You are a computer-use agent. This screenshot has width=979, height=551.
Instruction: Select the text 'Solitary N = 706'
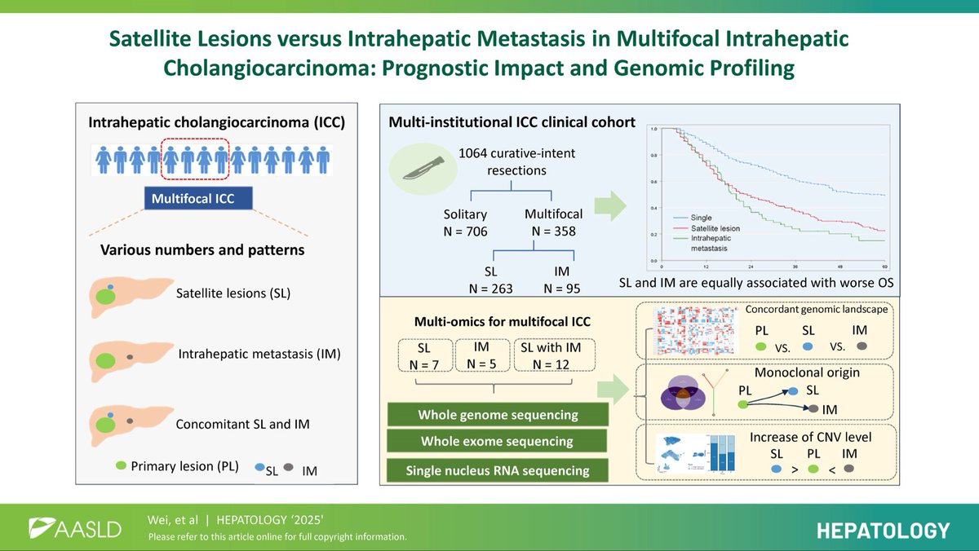coord(464,223)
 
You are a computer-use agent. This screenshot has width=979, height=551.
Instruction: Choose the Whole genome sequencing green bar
coord(498,415)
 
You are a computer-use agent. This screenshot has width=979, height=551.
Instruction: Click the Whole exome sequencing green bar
coord(498,442)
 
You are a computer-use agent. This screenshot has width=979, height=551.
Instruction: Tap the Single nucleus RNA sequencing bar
coord(498,470)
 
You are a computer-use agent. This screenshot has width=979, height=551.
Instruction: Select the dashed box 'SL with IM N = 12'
coord(553,356)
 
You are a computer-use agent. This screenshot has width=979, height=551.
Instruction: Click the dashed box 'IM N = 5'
coord(481,356)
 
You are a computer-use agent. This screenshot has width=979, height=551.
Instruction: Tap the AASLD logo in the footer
coord(75,528)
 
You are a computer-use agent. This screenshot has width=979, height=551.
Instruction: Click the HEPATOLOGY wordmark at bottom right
coord(884,531)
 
